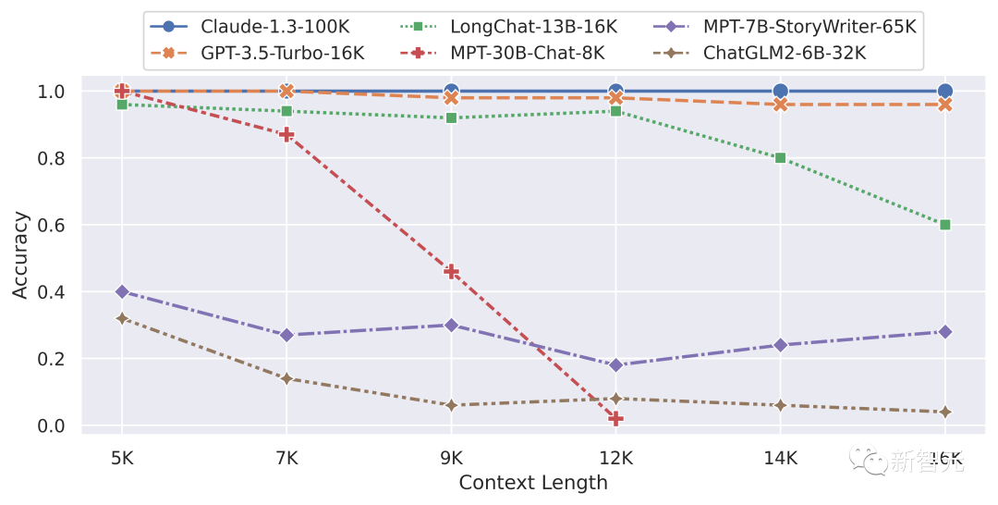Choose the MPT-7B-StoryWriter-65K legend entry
click(x=809, y=27)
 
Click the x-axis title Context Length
click(x=533, y=483)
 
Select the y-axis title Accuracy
click(x=20, y=254)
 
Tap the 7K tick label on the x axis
click(x=286, y=457)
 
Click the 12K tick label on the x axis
click(x=615, y=457)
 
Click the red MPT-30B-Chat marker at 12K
click(x=615, y=419)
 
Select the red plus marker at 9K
click(x=451, y=272)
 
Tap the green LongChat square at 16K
click(x=944, y=225)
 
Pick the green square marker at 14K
click(x=780, y=158)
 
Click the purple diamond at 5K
click(x=122, y=291)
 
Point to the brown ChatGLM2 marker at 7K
click(x=286, y=378)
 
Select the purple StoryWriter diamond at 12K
click(x=615, y=365)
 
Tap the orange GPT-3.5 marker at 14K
click(x=780, y=105)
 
